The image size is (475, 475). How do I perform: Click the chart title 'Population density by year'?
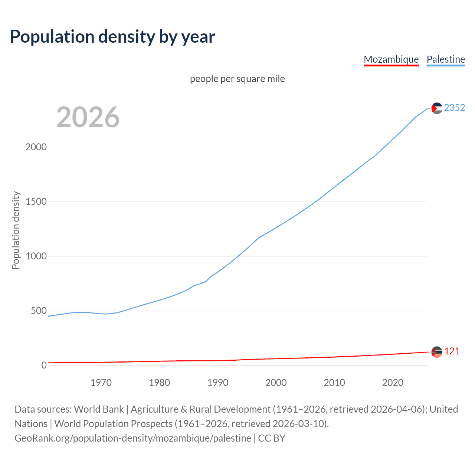click(x=112, y=37)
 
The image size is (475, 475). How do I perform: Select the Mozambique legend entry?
click(x=391, y=59)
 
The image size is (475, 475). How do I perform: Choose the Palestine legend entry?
click(x=446, y=59)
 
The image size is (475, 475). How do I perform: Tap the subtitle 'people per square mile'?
click(x=237, y=79)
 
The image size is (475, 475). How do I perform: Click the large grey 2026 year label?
click(x=88, y=117)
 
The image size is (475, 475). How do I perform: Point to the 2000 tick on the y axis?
click(x=36, y=147)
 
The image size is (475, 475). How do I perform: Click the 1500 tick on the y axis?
click(x=36, y=202)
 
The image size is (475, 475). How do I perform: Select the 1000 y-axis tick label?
click(x=36, y=256)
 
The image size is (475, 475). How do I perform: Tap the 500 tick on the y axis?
click(x=39, y=311)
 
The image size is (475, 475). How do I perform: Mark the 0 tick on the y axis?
click(x=44, y=365)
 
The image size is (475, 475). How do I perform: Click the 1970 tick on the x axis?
click(x=101, y=383)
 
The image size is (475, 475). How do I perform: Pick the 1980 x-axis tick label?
click(x=159, y=383)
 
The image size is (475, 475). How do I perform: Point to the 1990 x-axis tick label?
click(x=217, y=383)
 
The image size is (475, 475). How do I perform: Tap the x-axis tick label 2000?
click(x=276, y=383)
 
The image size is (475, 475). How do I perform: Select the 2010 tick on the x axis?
click(x=334, y=383)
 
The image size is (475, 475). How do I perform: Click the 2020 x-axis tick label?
click(x=393, y=383)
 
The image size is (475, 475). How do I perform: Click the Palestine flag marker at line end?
click(x=437, y=108)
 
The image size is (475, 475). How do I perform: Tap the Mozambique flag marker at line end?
click(x=437, y=352)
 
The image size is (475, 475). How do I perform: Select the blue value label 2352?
click(x=455, y=108)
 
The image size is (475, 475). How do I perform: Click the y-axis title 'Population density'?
click(x=16, y=230)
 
